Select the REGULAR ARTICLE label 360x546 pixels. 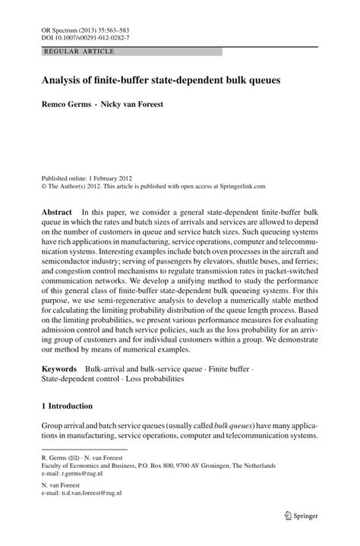[x=80, y=51]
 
